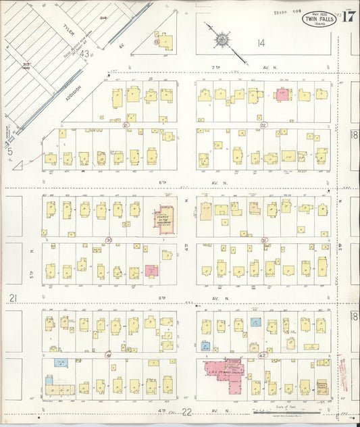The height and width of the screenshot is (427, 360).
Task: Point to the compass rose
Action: click(222, 40)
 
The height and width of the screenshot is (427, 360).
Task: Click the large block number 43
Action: click(84, 53)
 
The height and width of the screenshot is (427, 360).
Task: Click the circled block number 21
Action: click(125, 125)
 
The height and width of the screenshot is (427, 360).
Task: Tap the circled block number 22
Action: click(263, 125)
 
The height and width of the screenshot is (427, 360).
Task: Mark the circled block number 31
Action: click(265, 239)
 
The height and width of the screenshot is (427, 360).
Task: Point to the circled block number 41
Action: click(108, 354)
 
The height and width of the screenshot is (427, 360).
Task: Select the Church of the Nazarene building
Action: click(166, 220)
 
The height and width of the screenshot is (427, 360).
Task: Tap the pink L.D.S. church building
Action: click(223, 375)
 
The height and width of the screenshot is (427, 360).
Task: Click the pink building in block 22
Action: click(282, 95)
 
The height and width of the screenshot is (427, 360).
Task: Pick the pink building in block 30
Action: click(151, 271)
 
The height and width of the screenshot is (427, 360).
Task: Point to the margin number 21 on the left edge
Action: click(11, 298)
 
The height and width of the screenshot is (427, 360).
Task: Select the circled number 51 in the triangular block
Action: click(157, 41)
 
